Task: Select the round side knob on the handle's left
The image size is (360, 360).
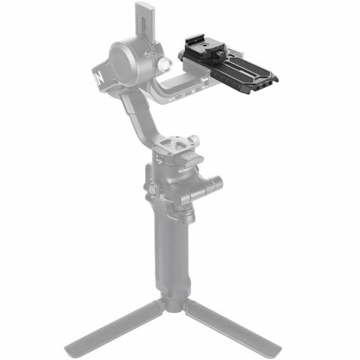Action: pos(148,188)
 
